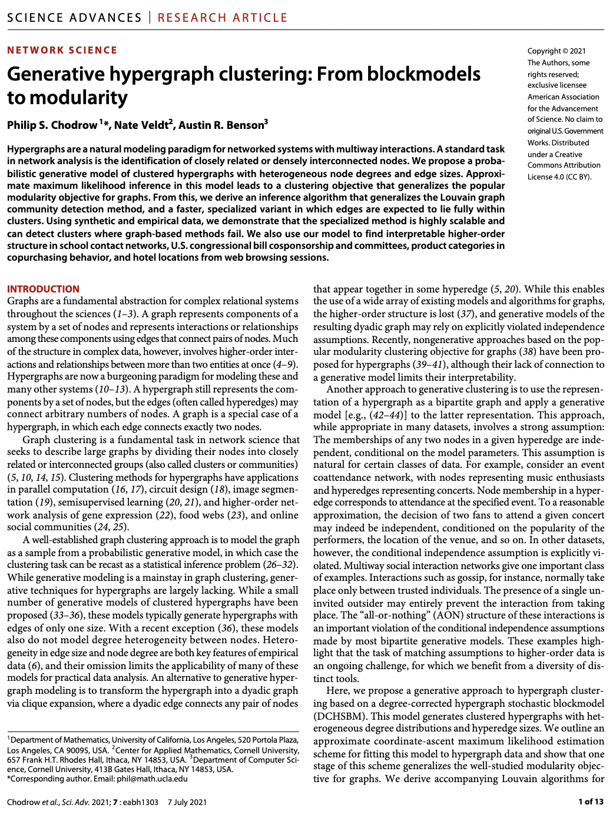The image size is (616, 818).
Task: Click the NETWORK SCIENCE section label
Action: click(62, 51)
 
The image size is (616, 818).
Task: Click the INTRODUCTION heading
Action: click(43, 289)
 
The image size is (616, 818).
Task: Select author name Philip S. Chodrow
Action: click(52, 125)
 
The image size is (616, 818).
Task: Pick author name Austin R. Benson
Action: click(221, 125)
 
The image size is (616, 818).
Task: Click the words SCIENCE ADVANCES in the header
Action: click(75, 18)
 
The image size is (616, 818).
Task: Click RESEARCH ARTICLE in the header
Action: click(223, 18)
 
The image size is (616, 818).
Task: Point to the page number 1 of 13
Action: click(591, 802)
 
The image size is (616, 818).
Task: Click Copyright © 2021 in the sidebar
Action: click(557, 51)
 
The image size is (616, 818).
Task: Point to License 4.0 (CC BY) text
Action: click(559, 177)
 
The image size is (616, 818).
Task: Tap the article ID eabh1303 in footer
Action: click(141, 802)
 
